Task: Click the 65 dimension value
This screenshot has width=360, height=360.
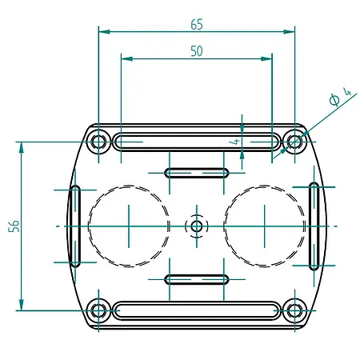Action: coord(197,24)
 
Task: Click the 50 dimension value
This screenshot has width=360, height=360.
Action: coord(197,50)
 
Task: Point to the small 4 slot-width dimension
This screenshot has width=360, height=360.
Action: coord(236,139)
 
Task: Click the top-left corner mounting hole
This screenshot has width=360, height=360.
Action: coord(99,143)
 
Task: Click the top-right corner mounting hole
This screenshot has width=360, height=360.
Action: coord(295,143)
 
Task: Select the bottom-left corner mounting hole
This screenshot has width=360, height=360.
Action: coord(99,310)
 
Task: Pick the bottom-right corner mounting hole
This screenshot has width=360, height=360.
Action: coord(295,310)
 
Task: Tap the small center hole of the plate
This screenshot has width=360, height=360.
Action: coord(197,226)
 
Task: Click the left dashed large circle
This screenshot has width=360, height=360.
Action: coord(129,226)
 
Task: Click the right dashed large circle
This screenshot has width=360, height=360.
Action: coord(265,226)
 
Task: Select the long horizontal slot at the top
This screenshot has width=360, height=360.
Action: coord(197,143)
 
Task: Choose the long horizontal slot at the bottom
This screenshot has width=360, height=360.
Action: coord(197,310)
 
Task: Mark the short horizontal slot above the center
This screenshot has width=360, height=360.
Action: coord(197,173)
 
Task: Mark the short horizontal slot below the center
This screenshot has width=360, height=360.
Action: coord(197,279)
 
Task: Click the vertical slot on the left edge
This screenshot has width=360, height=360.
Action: coord(75,226)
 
